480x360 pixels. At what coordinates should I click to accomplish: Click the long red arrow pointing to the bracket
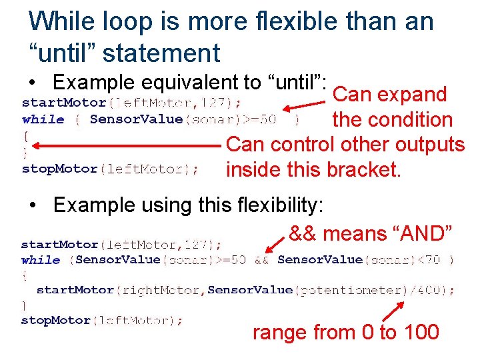(x=127, y=145)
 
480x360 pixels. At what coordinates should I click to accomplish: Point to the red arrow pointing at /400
(x=393, y=311)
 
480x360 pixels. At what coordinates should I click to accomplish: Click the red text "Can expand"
(x=389, y=95)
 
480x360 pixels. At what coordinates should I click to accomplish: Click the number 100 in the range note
(x=420, y=332)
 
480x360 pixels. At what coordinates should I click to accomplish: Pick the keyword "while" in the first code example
(x=43, y=119)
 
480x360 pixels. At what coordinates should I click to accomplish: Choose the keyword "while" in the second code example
(x=41, y=259)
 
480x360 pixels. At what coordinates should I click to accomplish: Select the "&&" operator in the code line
(x=261, y=259)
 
